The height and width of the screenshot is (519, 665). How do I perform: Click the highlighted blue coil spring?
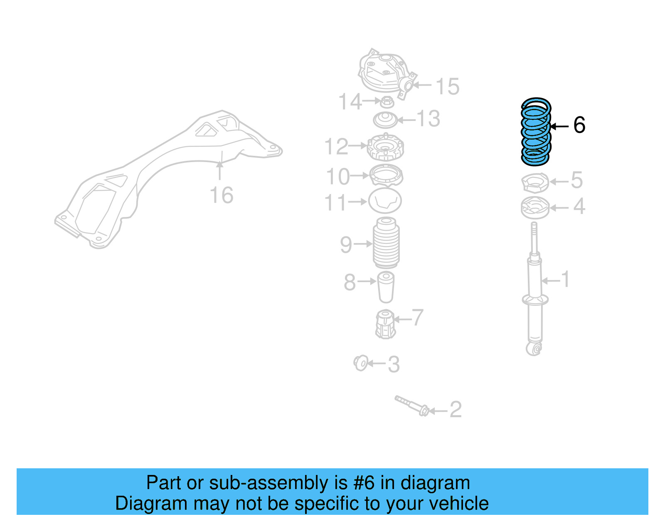(x=536, y=132)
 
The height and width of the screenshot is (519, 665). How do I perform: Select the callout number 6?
(x=579, y=125)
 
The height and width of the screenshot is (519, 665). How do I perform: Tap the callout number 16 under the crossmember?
(x=221, y=195)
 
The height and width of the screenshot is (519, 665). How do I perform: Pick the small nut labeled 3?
(x=361, y=363)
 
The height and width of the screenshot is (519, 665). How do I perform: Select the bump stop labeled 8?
(x=386, y=287)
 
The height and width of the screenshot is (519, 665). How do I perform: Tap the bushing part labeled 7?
(x=385, y=324)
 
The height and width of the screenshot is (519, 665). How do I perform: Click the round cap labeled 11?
(x=385, y=201)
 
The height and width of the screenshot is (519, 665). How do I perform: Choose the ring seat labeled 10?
(x=386, y=175)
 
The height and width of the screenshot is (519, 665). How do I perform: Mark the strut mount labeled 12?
(x=386, y=147)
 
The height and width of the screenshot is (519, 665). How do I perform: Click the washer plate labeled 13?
(x=385, y=120)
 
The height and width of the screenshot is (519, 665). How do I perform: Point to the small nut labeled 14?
(x=387, y=101)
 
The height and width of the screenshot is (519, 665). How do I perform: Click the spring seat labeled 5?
(x=535, y=183)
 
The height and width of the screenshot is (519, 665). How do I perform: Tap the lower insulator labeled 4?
(x=535, y=208)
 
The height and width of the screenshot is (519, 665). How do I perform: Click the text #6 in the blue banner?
(x=364, y=483)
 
